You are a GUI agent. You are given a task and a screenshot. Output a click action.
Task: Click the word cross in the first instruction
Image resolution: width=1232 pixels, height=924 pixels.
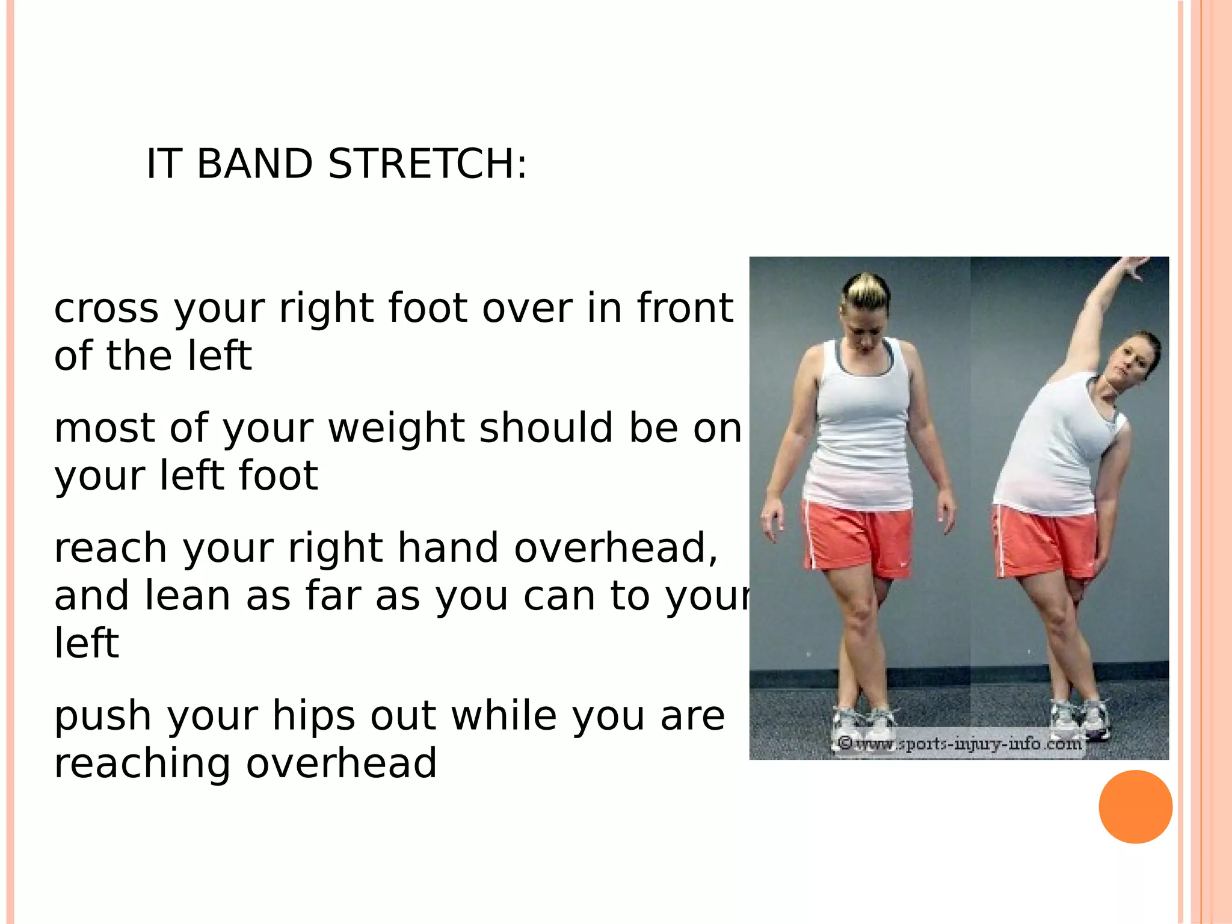point(106,308)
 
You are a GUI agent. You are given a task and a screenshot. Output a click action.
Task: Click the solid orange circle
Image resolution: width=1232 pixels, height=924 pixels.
point(1135,807)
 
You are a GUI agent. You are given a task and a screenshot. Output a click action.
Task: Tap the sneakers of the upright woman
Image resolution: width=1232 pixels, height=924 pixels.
point(863,725)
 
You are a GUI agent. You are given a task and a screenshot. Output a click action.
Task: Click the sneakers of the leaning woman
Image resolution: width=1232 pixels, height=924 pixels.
point(1080,719)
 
